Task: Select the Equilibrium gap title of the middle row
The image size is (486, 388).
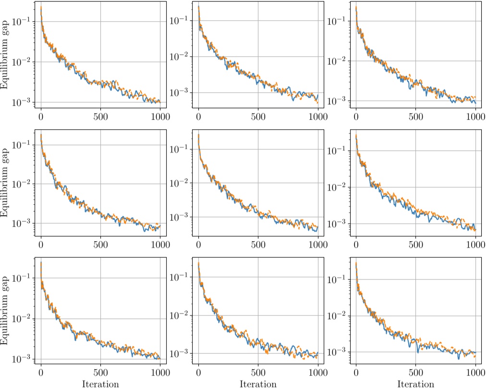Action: [x=5, y=184]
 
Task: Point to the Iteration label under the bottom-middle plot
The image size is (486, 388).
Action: [x=258, y=384]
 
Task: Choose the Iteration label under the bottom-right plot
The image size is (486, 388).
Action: [x=415, y=384]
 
